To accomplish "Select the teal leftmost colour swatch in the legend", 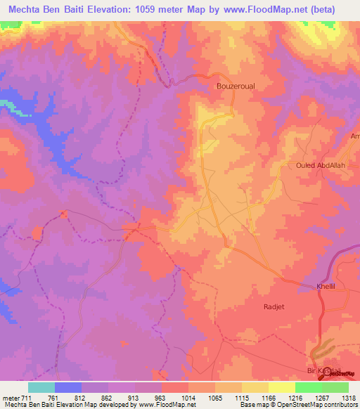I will point(41,387).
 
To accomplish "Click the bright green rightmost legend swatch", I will point(335,387).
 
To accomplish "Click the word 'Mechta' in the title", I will point(28,9).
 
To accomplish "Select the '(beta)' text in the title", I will point(319,9).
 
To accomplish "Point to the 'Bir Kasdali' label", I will point(320,370).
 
